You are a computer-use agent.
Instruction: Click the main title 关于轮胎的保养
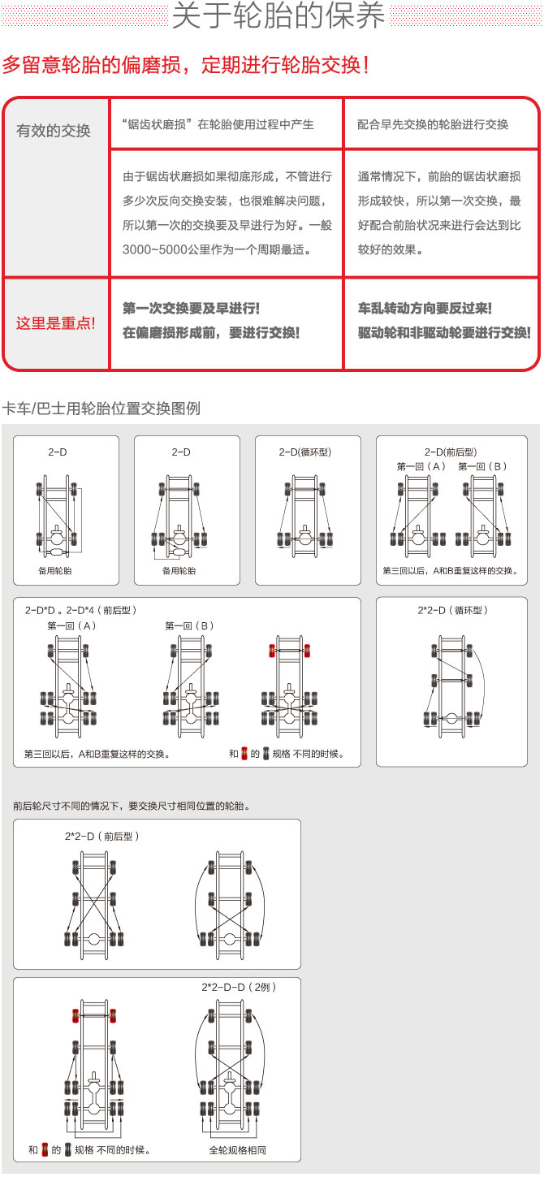coord(278,16)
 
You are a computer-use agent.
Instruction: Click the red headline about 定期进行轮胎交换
coord(186,65)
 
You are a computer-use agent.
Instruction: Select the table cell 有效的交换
coord(54,130)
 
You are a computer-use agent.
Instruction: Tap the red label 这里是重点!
coord(55,323)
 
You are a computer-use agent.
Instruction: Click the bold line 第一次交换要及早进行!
coord(191,309)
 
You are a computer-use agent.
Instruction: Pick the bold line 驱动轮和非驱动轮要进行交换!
coord(443,333)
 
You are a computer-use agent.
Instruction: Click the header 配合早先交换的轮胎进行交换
coord(433,124)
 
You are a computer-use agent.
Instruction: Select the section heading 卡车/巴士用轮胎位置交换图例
coord(101,408)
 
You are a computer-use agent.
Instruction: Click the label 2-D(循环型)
coord(306,452)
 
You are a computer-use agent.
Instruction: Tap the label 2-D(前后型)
coord(450,452)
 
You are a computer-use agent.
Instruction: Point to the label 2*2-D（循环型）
coord(451,609)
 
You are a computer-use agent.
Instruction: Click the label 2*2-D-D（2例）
coord(240,987)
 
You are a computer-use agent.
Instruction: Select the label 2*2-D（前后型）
coord(102,835)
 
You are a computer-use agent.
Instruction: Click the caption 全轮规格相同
coord(237,1150)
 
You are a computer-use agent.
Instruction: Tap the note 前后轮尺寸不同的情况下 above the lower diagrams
coord(131,807)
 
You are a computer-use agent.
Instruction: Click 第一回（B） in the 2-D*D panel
coord(190,625)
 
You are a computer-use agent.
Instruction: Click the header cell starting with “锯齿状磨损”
coord(218,124)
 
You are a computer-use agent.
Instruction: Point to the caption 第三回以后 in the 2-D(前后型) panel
coord(450,571)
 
